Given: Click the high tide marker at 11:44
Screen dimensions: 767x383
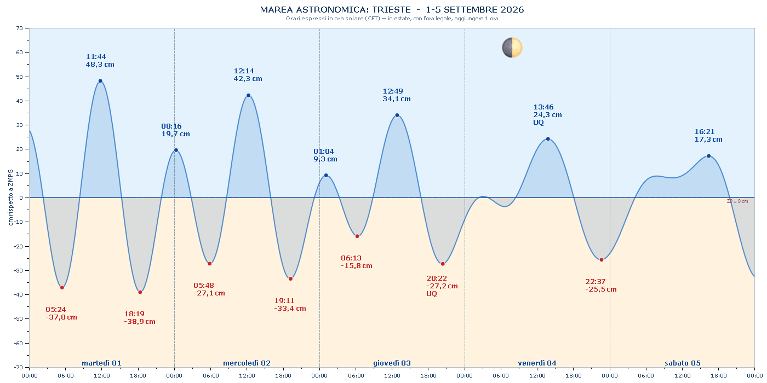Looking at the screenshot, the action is (100, 81).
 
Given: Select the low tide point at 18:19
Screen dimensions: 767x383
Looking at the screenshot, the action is (140, 292).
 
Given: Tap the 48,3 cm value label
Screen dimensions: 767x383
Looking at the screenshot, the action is (100, 65).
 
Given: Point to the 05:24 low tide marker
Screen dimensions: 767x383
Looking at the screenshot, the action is (62, 288).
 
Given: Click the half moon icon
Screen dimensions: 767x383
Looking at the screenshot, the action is (512, 48).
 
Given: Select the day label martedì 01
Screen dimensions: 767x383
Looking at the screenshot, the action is (101, 363).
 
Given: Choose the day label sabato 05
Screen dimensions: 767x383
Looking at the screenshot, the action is (683, 363).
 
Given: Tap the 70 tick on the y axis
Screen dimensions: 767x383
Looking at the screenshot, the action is (20, 28).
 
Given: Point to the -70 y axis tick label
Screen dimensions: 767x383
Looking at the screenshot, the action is (19, 367).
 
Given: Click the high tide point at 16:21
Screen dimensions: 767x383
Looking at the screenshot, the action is (709, 156).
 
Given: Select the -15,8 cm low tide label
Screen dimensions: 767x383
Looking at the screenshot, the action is (357, 266).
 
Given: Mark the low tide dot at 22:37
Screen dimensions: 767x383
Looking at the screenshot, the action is (602, 260).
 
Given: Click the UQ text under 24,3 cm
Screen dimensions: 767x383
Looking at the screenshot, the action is (538, 123).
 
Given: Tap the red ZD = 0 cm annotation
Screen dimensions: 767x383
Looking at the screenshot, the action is (737, 201).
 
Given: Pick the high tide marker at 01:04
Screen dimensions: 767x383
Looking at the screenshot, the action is (326, 176).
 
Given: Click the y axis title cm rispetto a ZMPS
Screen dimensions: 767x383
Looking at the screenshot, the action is (10, 198).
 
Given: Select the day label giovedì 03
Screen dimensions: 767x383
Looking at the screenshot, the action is (392, 363).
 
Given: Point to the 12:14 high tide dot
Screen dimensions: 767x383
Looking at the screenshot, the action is (248, 95).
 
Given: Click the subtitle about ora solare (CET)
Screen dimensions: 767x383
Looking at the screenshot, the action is (392, 19).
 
